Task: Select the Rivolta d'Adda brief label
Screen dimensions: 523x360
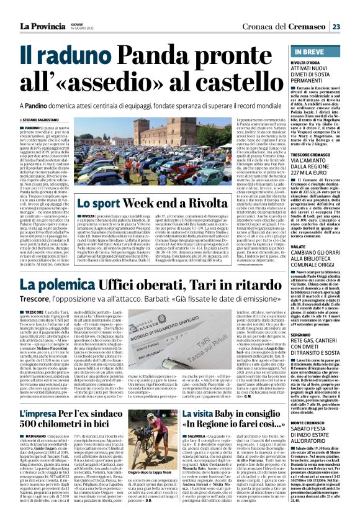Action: pyautogui.click(x=297, y=62)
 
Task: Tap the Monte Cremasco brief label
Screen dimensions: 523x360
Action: pyautogui.click(x=300, y=404)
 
